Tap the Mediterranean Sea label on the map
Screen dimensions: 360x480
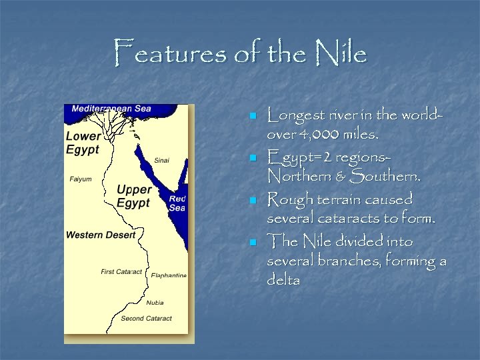coord(111,109)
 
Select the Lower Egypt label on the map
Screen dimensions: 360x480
coord(83,143)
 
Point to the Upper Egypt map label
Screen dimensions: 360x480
coord(134,196)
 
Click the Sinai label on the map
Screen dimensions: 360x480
coord(162,161)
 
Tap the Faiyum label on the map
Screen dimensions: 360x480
coord(81,179)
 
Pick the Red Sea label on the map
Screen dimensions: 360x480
coord(177,203)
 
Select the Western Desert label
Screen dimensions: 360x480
coord(101,235)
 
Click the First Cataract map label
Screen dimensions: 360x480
coord(121,272)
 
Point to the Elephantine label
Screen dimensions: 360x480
coord(169,275)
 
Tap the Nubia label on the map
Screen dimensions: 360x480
coord(155,303)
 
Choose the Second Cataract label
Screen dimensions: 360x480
coord(146,319)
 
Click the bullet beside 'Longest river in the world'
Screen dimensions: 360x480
coord(253,116)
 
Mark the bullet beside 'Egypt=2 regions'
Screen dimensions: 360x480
coord(253,158)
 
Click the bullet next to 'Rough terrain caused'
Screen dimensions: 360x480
coord(253,200)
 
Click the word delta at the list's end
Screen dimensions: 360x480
coord(283,280)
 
